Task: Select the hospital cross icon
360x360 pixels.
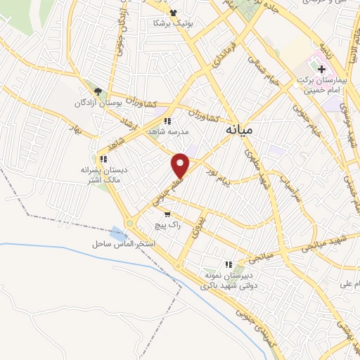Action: click(x=322, y=69)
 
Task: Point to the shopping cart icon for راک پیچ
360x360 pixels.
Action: click(x=167, y=214)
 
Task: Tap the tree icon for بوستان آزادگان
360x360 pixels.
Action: click(x=98, y=91)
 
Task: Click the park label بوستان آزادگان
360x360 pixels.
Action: click(x=98, y=103)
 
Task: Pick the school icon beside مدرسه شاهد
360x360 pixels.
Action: click(x=167, y=121)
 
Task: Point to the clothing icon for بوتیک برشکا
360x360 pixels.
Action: click(x=174, y=12)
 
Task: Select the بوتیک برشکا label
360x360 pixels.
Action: click(x=172, y=23)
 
